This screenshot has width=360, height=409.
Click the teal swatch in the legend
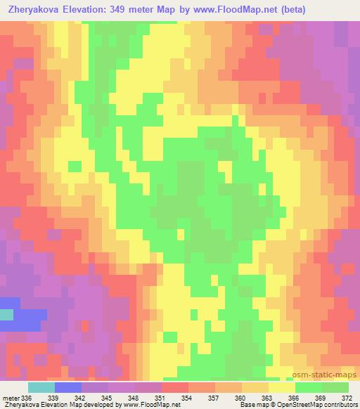[41, 388]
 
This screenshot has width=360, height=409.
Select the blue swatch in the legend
[68, 388]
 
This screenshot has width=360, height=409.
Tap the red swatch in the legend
[174, 388]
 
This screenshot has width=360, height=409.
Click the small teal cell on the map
[6, 315]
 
